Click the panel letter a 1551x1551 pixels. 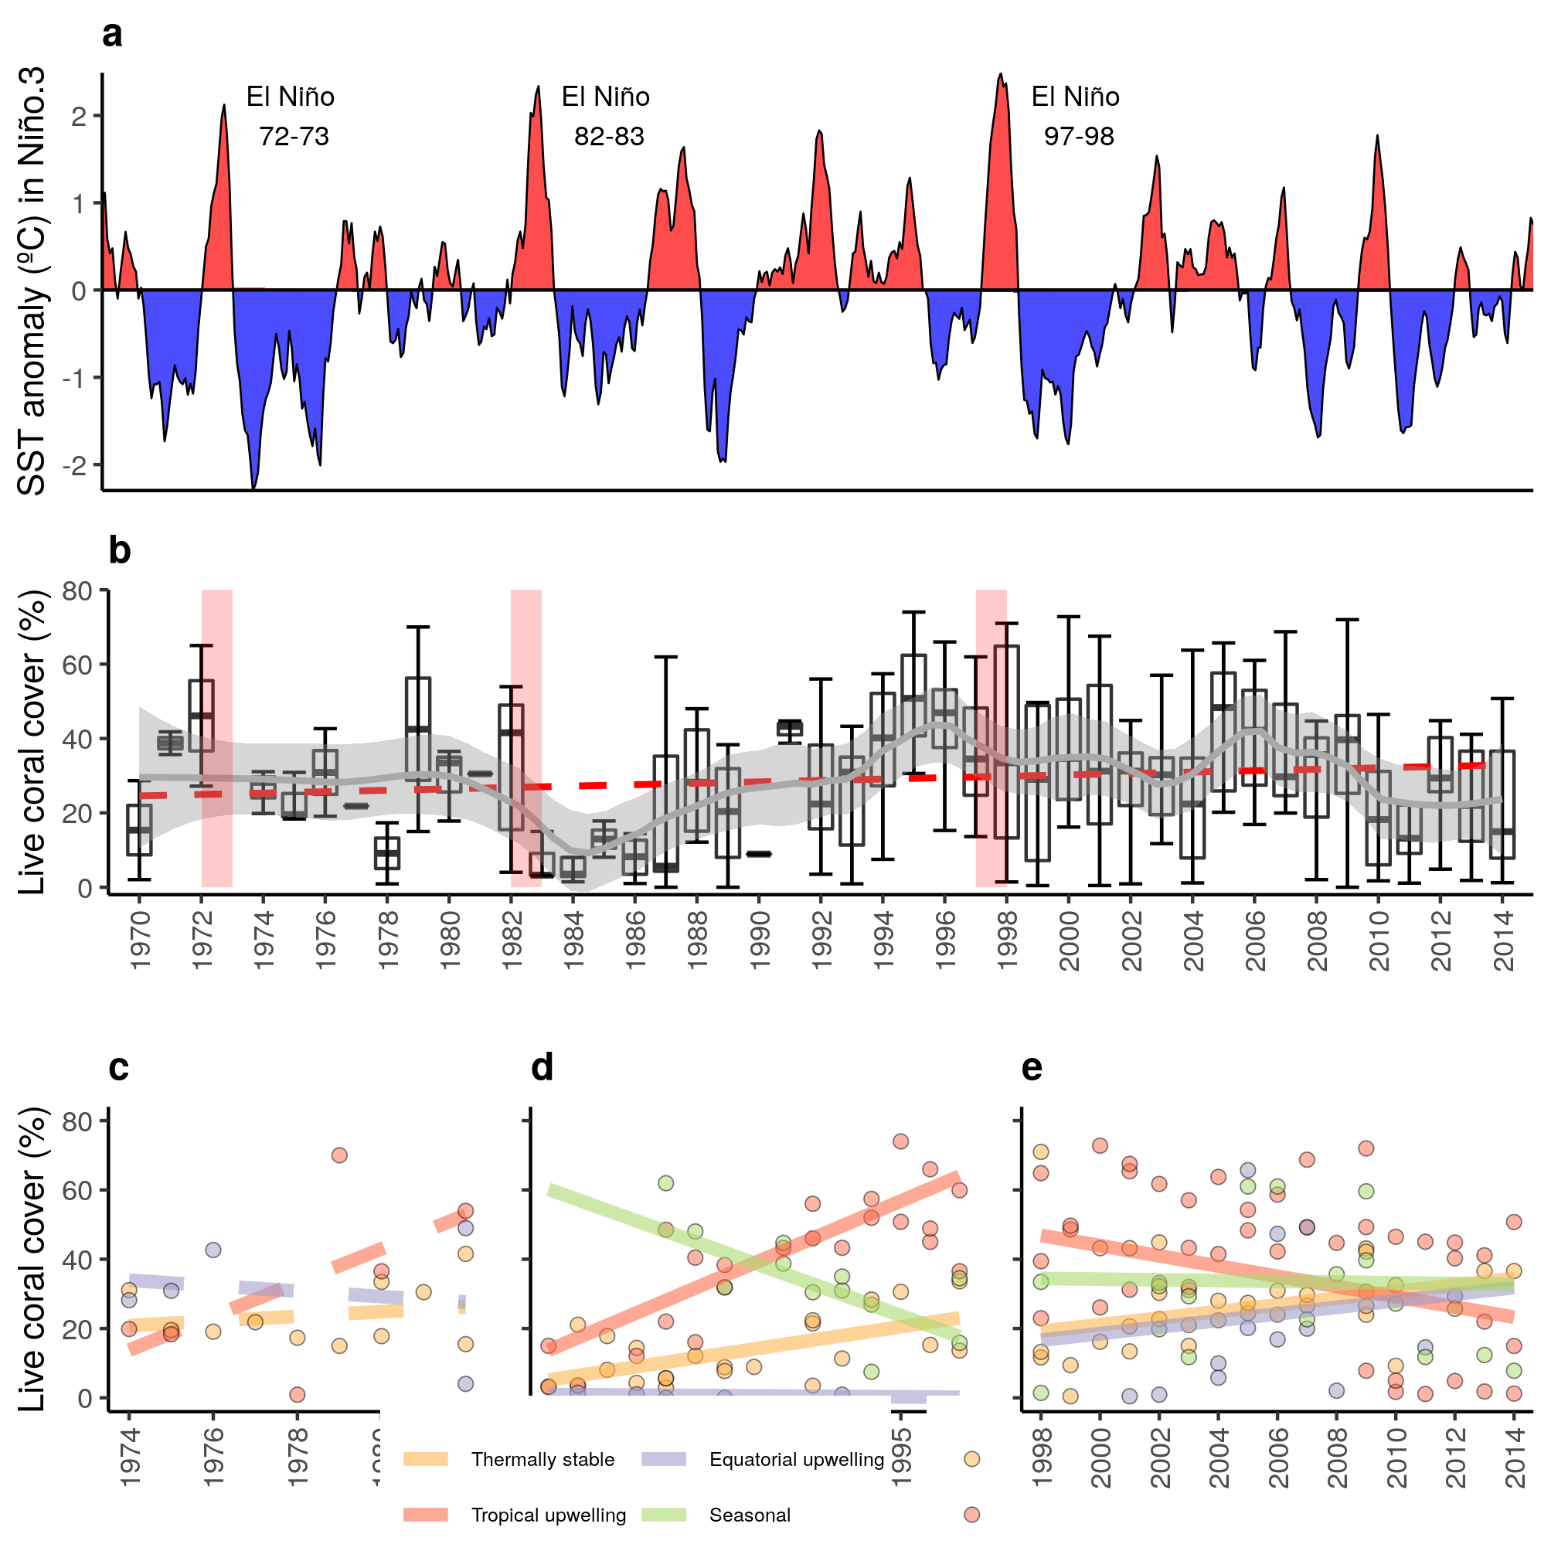click(112, 35)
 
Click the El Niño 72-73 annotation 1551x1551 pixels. click(291, 117)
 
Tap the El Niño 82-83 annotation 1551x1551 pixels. click(606, 117)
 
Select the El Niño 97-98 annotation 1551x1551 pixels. click(1076, 117)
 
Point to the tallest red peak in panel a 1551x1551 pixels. click(1000, 77)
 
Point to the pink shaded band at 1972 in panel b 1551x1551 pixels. click(216, 739)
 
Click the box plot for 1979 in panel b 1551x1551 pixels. click(418, 729)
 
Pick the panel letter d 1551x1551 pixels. click(543, 1069)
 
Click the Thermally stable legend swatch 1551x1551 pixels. click(426, 1460)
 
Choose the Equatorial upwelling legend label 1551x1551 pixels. click(797, 1460)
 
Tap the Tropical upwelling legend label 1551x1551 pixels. click(549, 1515)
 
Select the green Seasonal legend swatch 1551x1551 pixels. click(664, 1515)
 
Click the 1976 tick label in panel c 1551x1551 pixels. click(213, 1457)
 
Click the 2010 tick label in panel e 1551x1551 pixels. click(1396, 1457)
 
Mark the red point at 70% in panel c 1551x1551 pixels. click(339, 1155)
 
